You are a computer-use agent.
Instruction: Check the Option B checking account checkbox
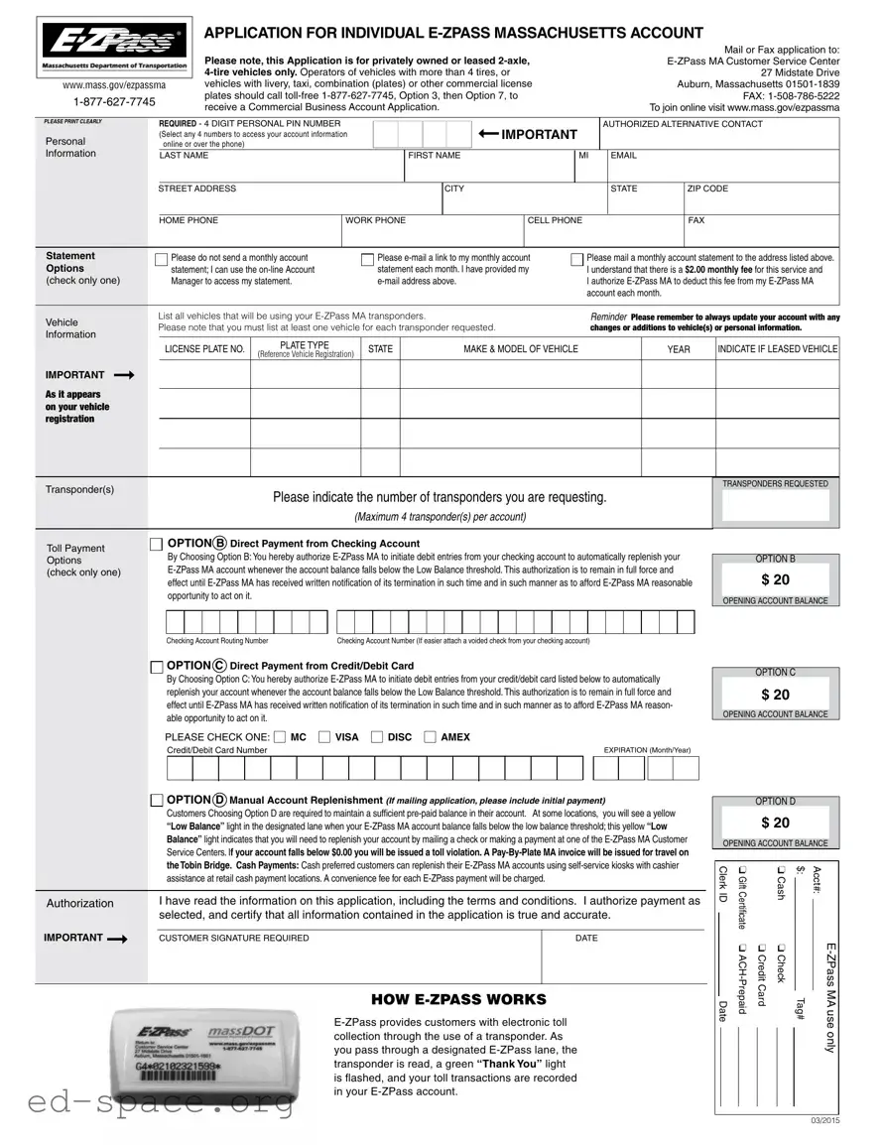156,544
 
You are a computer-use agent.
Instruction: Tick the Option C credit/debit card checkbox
156,666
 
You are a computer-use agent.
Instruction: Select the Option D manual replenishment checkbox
156,801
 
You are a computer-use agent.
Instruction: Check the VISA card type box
325,737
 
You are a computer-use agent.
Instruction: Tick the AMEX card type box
430,737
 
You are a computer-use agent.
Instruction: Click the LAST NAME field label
184,156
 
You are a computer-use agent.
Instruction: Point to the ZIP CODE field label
707,189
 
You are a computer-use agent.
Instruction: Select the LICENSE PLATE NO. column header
204,349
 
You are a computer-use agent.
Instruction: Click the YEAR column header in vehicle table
679,349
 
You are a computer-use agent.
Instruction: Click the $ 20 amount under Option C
775,695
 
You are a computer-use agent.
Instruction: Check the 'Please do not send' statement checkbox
162,260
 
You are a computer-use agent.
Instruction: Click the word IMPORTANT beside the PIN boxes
539,135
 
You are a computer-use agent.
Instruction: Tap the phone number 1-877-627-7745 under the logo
114,102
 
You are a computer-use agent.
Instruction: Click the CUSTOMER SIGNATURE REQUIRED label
234,938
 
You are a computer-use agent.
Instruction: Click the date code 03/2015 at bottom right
823,1121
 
